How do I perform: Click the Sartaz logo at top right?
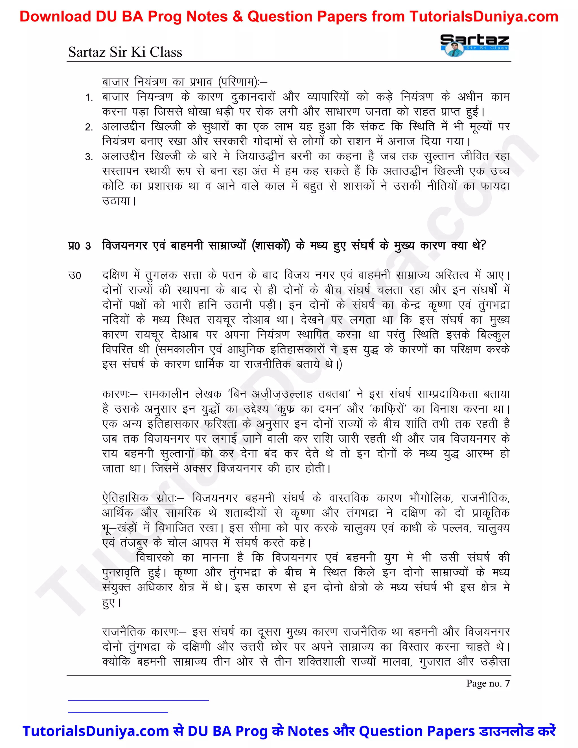pos(474,45)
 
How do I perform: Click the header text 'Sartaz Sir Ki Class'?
pos(125,52)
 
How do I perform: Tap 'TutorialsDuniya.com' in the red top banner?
pos(483,16)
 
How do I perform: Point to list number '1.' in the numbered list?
pos(89,98)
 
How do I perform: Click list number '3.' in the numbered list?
pos(89,157)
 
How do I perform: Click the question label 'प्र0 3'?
pos(79,246)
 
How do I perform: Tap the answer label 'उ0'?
pos(75,276)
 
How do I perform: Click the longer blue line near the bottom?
pos(138,700)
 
